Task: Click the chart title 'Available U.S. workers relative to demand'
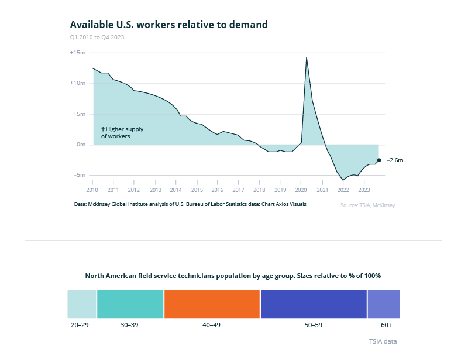[x=168, y=25]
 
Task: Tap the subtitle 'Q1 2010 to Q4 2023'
[x=97, y=37]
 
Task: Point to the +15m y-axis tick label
[x=78, y=53]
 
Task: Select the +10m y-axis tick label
[x=78, y=83]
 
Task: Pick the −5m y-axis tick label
[x=79, y=175]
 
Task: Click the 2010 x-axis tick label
[x=92, y=190]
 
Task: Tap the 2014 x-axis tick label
[x=175, y=190]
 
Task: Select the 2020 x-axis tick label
[x=301, y=190]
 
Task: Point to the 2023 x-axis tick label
[x=363, y=190]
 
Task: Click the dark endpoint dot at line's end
[x=379, y=160]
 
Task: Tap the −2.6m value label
[x=395, y=160]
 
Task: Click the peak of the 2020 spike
[x=307, y=57]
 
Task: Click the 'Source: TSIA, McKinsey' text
[x=367, y=205]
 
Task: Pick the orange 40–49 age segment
[x=212, y=304]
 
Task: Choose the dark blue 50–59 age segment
[x=313, y=304]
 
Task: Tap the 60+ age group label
[x=386, y=324]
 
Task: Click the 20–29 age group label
[x=80, y=324]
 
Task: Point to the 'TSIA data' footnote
[x=383, y=341]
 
